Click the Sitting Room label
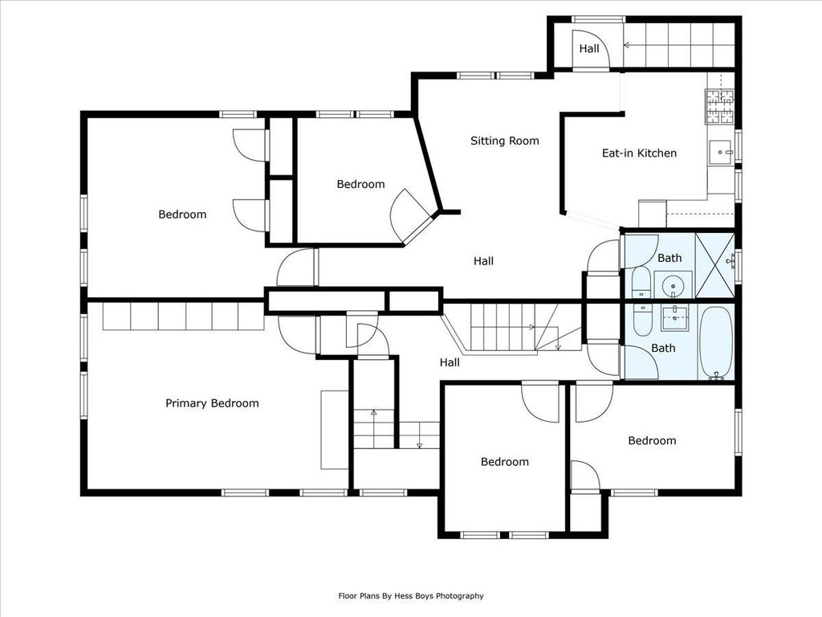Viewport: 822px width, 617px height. pos(504,141)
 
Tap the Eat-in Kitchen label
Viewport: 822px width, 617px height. pos(639,153)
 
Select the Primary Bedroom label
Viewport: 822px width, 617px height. pos(212,403)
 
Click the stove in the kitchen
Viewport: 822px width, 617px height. pos(719,107)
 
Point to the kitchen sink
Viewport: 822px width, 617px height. pos(721,152)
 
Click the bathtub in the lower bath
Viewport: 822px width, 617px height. pos(716,342)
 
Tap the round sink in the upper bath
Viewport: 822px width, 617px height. pos(673,287)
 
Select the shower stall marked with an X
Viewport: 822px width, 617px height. pos(714,264)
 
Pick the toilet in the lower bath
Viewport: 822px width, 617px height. pos(641,320)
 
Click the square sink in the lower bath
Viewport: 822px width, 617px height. pos(674,317)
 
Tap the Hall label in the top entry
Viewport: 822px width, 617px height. pos(589,49)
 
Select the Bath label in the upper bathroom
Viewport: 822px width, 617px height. pos(669,258)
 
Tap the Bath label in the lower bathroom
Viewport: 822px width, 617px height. pos(663,348)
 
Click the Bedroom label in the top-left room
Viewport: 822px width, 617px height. pos(182,214)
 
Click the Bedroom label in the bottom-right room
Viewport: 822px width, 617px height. pos(652,441)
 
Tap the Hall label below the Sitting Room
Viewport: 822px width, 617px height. pos(483,261)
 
